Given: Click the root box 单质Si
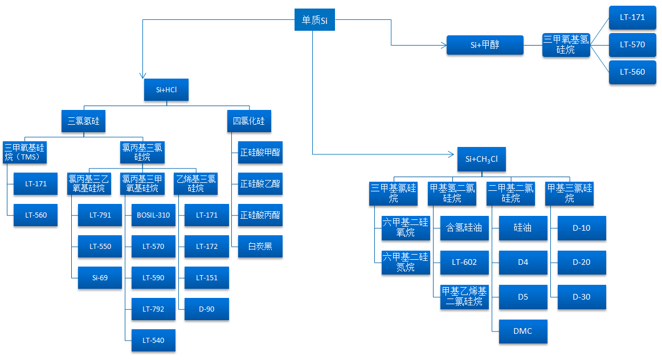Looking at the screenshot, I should coord(314,21).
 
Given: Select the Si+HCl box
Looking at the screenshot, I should coord(166,90).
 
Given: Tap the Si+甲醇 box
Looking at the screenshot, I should coord(485,45).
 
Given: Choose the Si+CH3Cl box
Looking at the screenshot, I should coord(481,159).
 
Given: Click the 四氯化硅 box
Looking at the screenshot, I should coord(249,121).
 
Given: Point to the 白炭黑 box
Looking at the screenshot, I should coord(260,247).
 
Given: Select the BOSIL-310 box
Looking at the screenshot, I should coord(153,215).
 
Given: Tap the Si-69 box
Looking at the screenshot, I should coord(100,278).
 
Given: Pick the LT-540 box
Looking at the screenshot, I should coord(153,341).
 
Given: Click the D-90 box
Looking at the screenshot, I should coord(206,309).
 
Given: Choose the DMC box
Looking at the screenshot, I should coord(523,332).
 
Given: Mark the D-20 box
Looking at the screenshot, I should coord(582,263).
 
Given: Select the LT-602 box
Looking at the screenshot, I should coord(464,263).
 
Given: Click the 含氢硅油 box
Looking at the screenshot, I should coord(464,228).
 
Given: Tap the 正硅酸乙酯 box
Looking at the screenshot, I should coord(260,184).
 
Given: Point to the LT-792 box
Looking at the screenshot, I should coord(153,309).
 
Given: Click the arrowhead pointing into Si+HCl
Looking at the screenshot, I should coord(142,76).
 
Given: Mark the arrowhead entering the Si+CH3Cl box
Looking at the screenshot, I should coord(454,154).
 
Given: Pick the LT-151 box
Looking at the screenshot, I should coord(206,278).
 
